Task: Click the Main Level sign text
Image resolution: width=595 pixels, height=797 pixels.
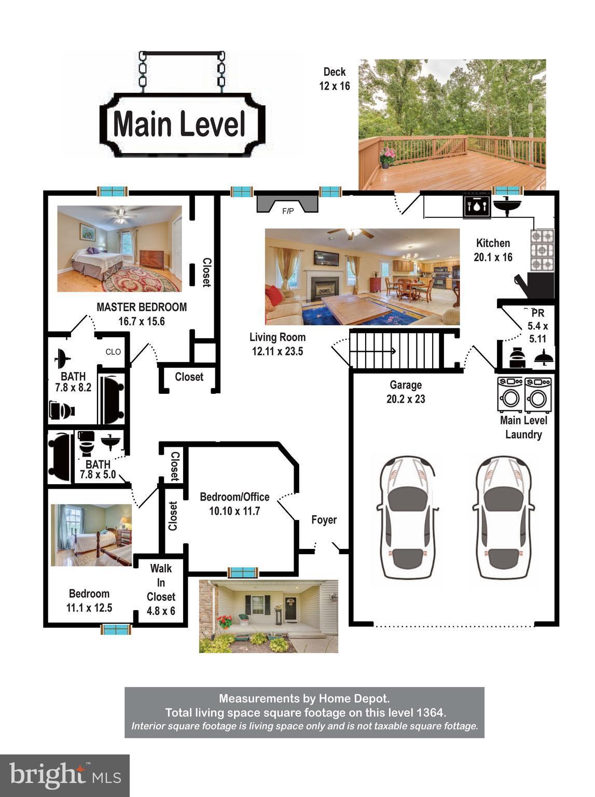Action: [179, 125]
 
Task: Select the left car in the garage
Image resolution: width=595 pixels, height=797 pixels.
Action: [407, 517]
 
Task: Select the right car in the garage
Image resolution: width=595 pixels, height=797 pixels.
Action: [503, 517]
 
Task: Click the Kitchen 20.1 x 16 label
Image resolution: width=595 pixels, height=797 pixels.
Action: [493, 250]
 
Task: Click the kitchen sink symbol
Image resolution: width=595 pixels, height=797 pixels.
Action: [506, 205]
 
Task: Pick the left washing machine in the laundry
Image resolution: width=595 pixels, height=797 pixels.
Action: [510, 394]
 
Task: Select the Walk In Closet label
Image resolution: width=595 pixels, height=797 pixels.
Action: [161, 589]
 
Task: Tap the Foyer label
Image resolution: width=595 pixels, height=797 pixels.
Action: [324, 520]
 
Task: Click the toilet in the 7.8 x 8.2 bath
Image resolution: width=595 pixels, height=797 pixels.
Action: [62, 410]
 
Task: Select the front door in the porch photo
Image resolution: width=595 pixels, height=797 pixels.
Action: [290, 609]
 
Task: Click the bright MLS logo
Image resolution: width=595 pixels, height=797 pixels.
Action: [65, 775]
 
